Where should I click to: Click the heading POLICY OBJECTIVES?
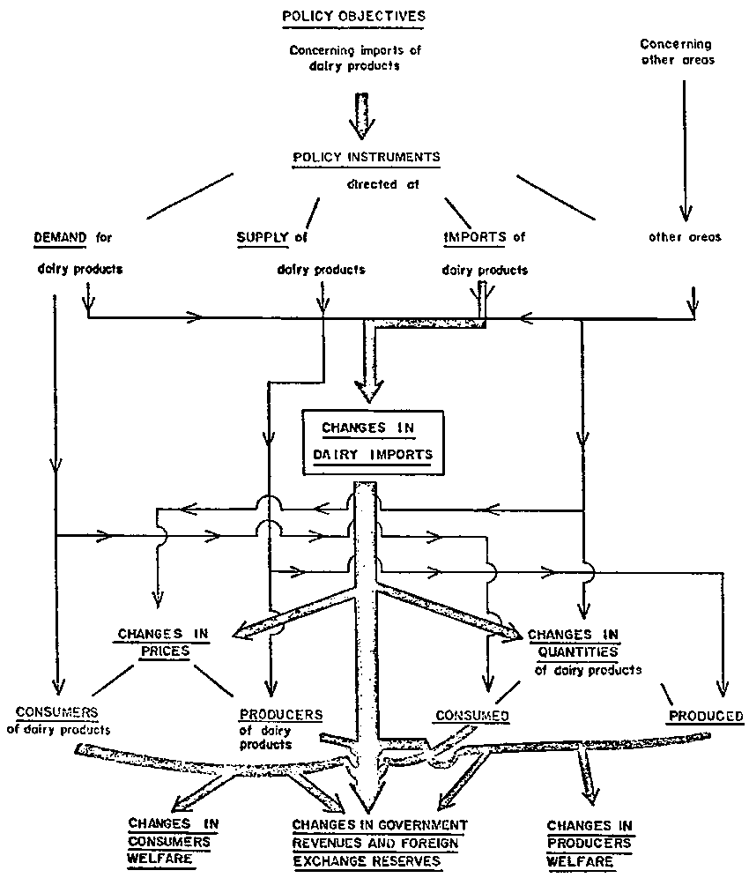point(353,17)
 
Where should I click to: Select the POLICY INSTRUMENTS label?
point(367,157)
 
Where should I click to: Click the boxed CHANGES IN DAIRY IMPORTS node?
point(373,443)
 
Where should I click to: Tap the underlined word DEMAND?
point(61,237)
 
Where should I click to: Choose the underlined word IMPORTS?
point(475,237)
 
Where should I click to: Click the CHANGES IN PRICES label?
point(163,643)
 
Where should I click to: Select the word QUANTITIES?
point(578,651)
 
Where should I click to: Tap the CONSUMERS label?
point(56,712)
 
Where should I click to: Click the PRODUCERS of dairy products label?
point(280,730)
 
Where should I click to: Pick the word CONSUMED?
point(472,716)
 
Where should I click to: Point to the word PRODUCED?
point(706,716)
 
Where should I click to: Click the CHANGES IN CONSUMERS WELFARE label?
point(173,842)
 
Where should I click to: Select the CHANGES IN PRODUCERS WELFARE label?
point(590,844)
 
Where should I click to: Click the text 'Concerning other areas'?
point(677,52)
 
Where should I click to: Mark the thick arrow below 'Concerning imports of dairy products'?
point(363,115)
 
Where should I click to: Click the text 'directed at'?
point(383,184)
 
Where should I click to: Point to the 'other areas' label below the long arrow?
point(685,237)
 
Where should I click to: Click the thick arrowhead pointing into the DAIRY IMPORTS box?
point(369,391)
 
